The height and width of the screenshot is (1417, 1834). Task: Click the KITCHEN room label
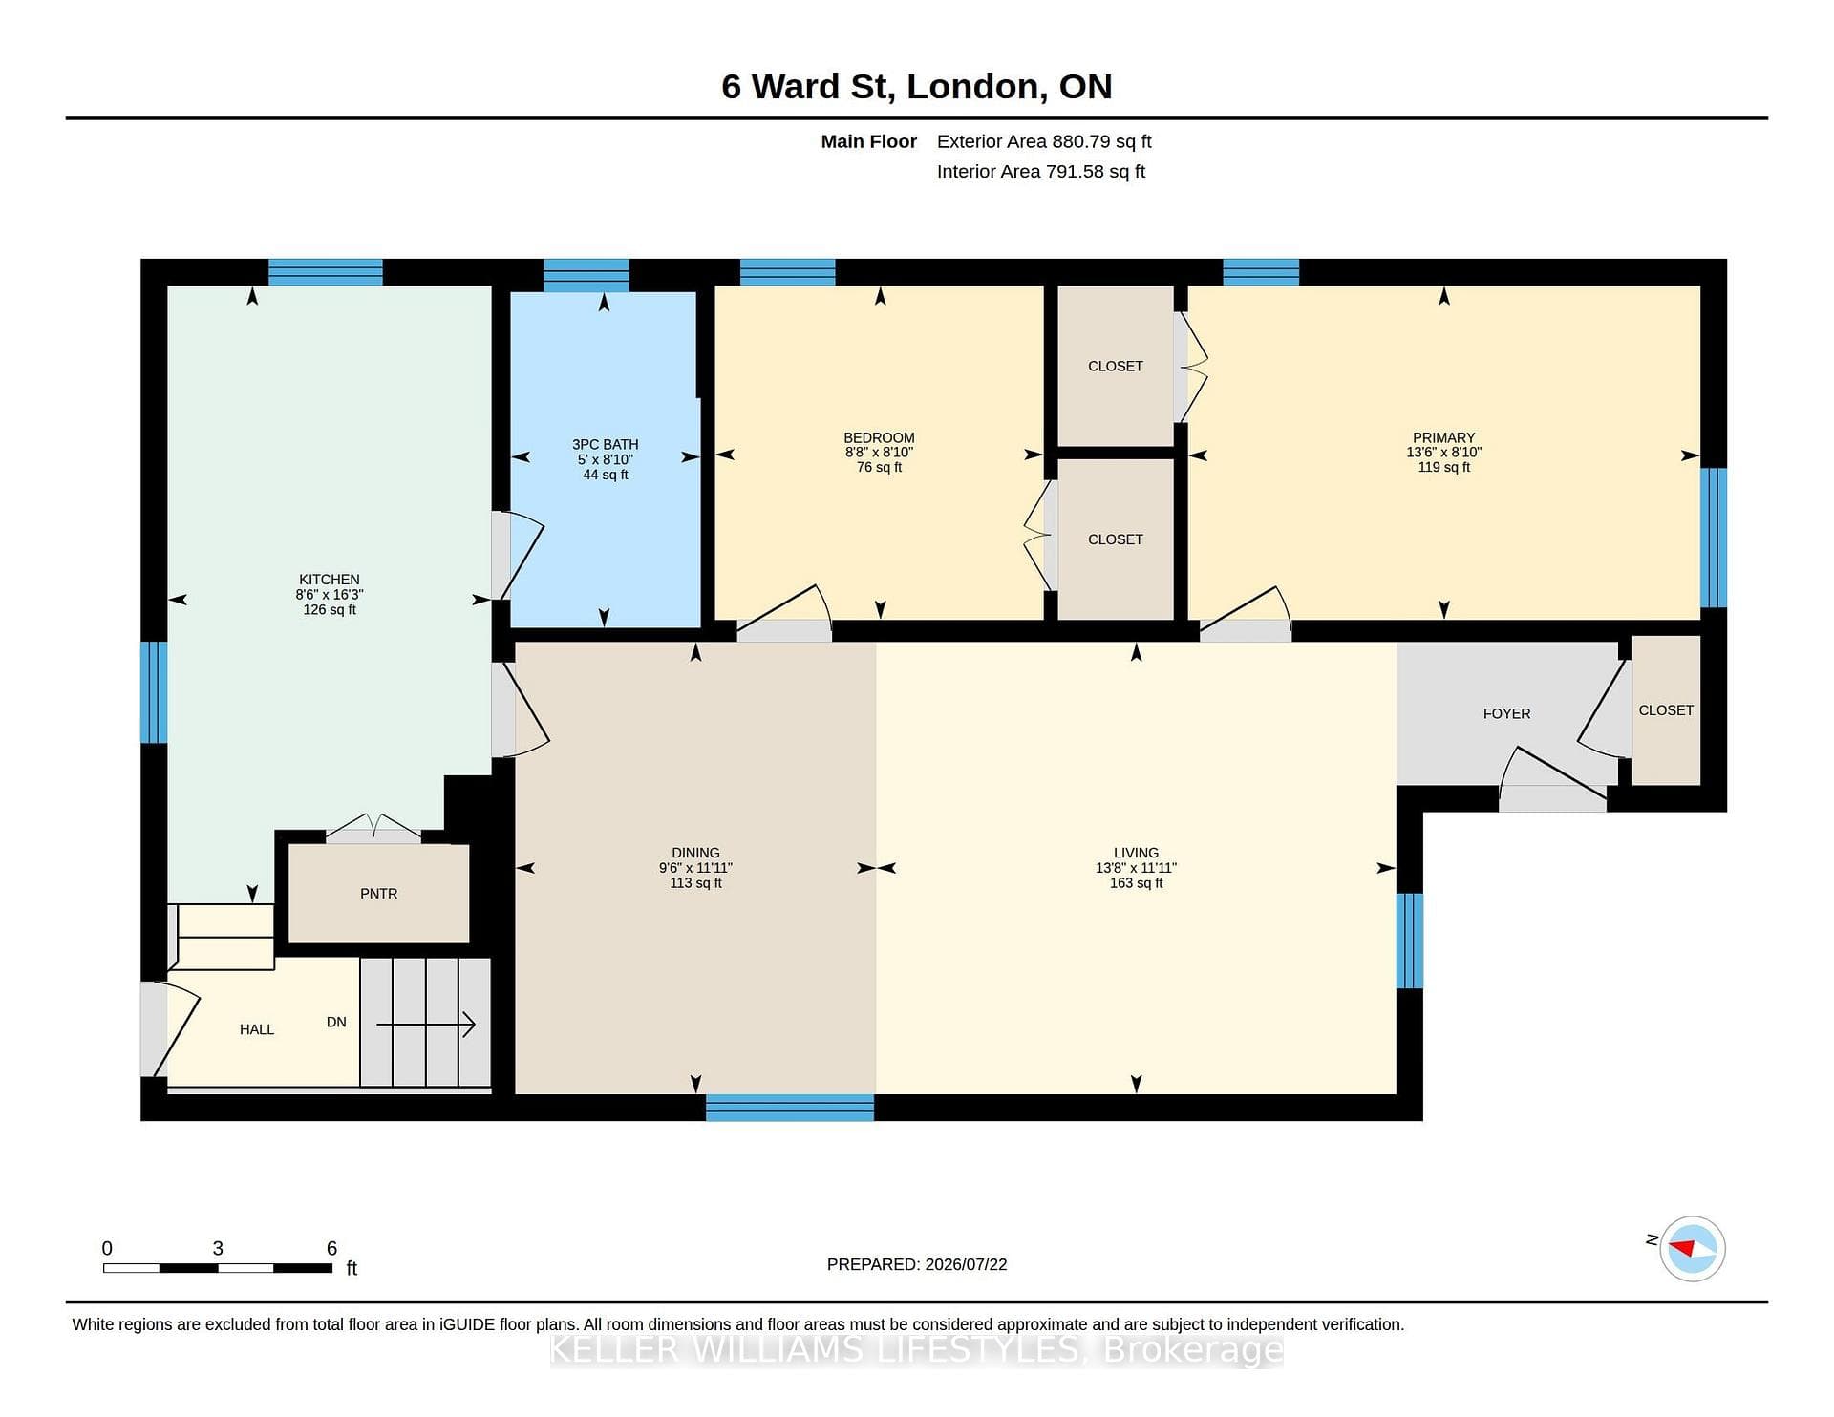pyautogui.click(x=329, y=580)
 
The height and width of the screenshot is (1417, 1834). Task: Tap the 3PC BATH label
pyautogui.click(x=605, y=444)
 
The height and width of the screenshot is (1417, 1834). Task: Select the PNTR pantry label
pyautogui.click(x=378, y=894)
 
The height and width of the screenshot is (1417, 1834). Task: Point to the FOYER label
pyautogui.click(x=1506, y=713)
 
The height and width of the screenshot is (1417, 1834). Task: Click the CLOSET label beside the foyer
pyautogui.click(x=1666, y=710)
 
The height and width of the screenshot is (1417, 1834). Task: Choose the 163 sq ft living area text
pyautogui.click(x=1136, y=883)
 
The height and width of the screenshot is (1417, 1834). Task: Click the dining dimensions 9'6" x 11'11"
pyautogui.click(x=695, y=868)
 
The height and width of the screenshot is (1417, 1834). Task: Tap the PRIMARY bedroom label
pyautogui.click(x=1443, y=437)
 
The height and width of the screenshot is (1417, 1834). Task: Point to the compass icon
pyautogui.click(x=1693, y=1248)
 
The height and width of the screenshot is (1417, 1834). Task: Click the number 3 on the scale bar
pyautogui.click(x=218, y=1248)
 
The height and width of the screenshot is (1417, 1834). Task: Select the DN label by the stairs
pyautogui.click(x=336, y=1022)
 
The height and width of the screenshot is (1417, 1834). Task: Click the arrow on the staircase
pyautogui.click(x=426, y=1026)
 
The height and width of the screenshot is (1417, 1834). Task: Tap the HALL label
pyautogui.click(x=257, y=1029)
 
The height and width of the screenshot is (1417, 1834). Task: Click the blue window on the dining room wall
pyautogui.click(x=790, y=1108)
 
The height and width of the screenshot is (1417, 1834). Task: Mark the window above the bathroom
pyautogui.click(x=586, y=275)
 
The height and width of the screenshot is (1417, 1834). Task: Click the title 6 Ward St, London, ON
pyautogui.click(x=917, y=86)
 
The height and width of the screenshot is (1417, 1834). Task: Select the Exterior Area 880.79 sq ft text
pyautogui.click(x=1044, y=141)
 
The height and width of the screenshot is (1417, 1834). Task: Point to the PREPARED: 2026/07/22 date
pyautogui.click(x=917, y=1264)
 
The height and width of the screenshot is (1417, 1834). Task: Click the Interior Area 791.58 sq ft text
pyautogui.click(x=1041, y=172)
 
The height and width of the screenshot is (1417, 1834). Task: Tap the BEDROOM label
pyautogui.click(x=879, y=437)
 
